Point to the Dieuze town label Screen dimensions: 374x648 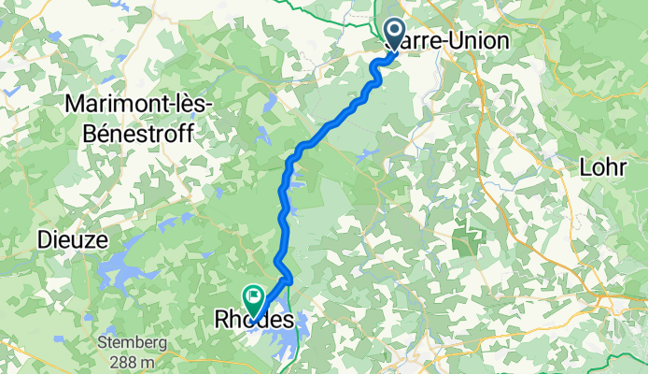pyautogui.click(x=67, y=240)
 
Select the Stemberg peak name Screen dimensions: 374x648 pyautogui.click(x=132, y=343)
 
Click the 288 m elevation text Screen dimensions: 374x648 pyautogui.click(x=132, y=360)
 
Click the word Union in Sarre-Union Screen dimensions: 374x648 pyautogui.click(x=479, y=41)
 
